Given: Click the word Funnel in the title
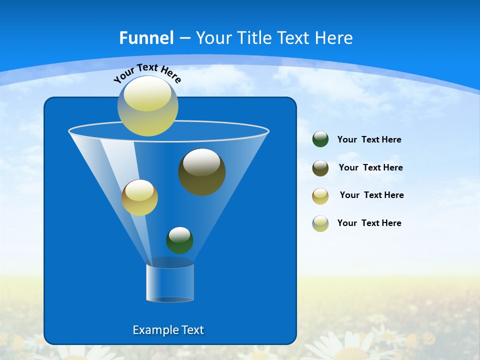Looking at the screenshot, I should tap(146, 38).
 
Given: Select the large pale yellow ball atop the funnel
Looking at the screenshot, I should tap(148, 106).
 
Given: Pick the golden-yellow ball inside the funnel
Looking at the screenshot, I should tap(139, 197).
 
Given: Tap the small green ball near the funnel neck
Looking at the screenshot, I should tap(179, 240).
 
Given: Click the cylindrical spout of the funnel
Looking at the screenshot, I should tap(170, 283).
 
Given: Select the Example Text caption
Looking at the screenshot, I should tap(168, 330).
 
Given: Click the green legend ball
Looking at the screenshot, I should tap(320, 139).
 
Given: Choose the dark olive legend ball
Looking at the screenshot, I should tap(320, 168).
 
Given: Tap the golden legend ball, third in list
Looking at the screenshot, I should tap(320, 195).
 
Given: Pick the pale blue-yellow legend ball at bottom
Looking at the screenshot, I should tap(320, 223).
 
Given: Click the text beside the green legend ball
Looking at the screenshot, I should tap(369, 140).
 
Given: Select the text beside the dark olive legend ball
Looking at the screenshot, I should tap(370, 168).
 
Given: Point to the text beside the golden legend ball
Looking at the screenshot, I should tap(371, 195).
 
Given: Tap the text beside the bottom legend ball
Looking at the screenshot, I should tap(369, 223).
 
